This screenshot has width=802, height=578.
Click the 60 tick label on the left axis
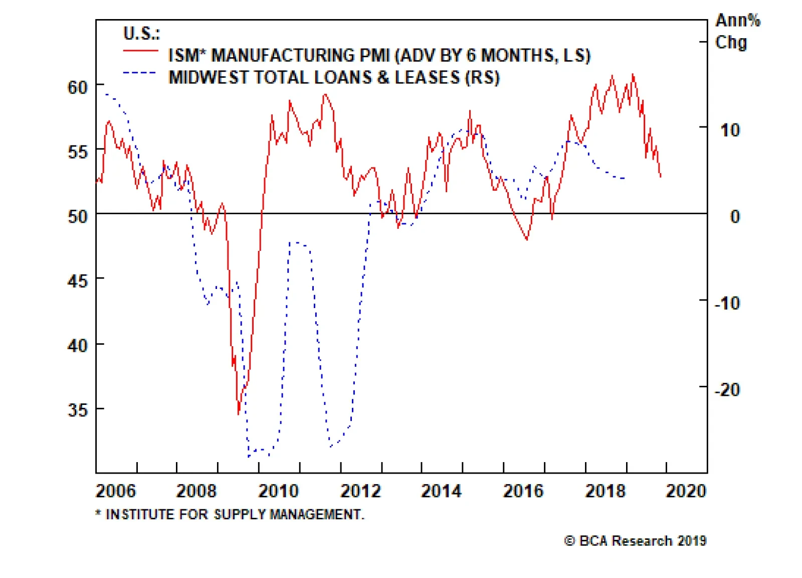tap(78, 87)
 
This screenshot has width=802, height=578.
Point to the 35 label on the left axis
tap(78, 410)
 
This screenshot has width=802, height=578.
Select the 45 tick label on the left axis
tap(78, 281)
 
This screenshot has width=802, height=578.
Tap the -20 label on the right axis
tap(727, 389)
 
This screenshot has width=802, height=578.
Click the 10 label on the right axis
tap(730, 130)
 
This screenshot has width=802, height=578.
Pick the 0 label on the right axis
tap(735, 217)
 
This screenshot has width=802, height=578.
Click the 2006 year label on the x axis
tap(116, 491)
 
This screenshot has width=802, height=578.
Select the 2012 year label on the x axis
tap(361, 491)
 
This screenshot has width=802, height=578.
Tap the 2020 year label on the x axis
tap(686, 491)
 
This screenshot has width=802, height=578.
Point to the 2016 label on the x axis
tap(523, 491)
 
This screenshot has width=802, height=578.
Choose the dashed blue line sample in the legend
tap(140, 73)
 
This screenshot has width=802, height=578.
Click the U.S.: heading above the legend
tap(141, 34)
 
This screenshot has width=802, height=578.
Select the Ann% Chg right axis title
tap(737, 31)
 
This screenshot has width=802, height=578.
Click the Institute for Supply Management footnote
tap(230, 514)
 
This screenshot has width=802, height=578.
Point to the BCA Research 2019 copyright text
tap(635, 541)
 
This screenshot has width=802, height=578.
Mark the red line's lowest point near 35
tap(239, 414)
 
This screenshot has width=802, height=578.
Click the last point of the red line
tap(661, 177)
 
